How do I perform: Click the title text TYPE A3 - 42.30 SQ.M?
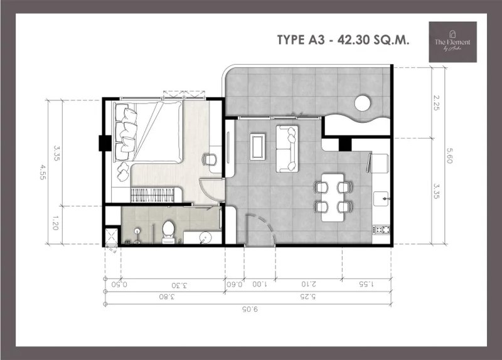[x=343, y=40]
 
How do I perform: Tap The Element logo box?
[x=452, y=42]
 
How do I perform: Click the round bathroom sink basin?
[x=203, y=236]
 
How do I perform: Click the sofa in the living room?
[x=288, y=148]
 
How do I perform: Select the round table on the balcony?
[x=362, y=103]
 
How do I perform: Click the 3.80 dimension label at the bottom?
[x=164, y=297]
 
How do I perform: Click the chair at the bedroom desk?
[x=210, y=159]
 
